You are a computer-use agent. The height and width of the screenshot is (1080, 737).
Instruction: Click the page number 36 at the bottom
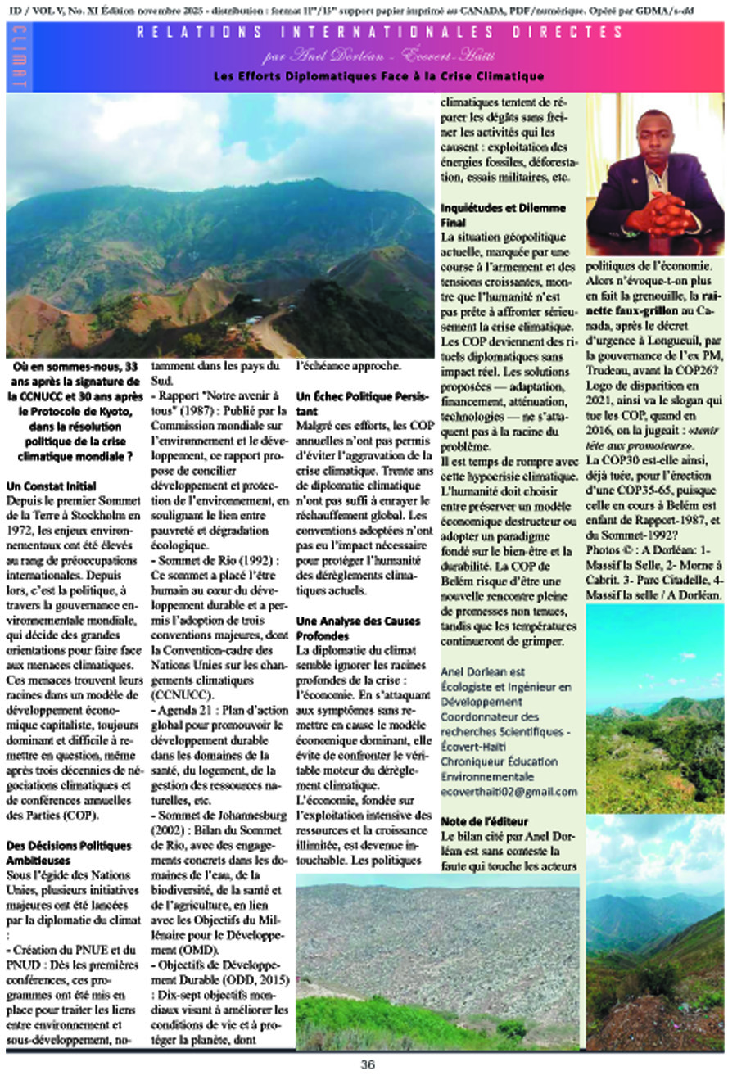pos(368,1064)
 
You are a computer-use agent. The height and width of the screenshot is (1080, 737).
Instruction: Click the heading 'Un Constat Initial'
pos(51,486)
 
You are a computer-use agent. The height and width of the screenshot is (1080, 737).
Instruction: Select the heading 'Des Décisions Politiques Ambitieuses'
pos(68,852)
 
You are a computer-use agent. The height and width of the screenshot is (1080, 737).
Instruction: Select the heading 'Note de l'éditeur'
pos(485,821)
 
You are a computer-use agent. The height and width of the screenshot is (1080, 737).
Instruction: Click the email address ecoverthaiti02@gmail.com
pos(509,792)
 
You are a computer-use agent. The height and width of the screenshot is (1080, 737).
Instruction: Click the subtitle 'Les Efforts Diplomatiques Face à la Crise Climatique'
pos(378,76)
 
